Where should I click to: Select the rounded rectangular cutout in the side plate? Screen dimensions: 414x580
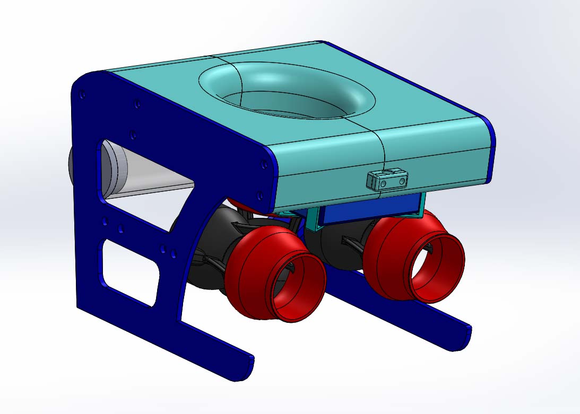pyautogui.click(x=129, y=270)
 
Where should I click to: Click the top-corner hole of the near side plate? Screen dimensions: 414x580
pyautogui.click(x=82, y=95)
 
